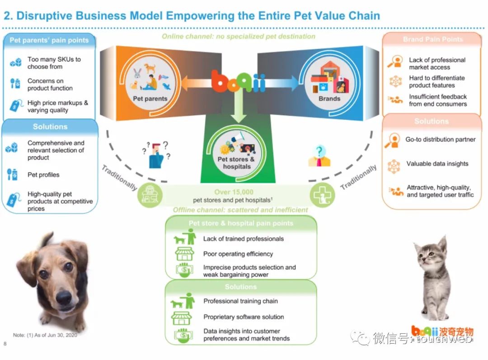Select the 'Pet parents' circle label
(150, 99)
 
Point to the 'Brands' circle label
(329, 98)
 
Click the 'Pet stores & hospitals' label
(236, 163)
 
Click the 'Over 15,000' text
(234, 192)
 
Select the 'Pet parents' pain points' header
(49, 40)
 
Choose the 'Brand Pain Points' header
(432, 39)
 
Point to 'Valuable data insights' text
(437, 164)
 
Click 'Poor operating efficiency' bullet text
(238, 254)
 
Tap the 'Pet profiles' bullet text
(43, 175)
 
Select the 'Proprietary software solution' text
(244, 317)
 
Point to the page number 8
(5, 344)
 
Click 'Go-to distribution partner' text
(440, 139)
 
